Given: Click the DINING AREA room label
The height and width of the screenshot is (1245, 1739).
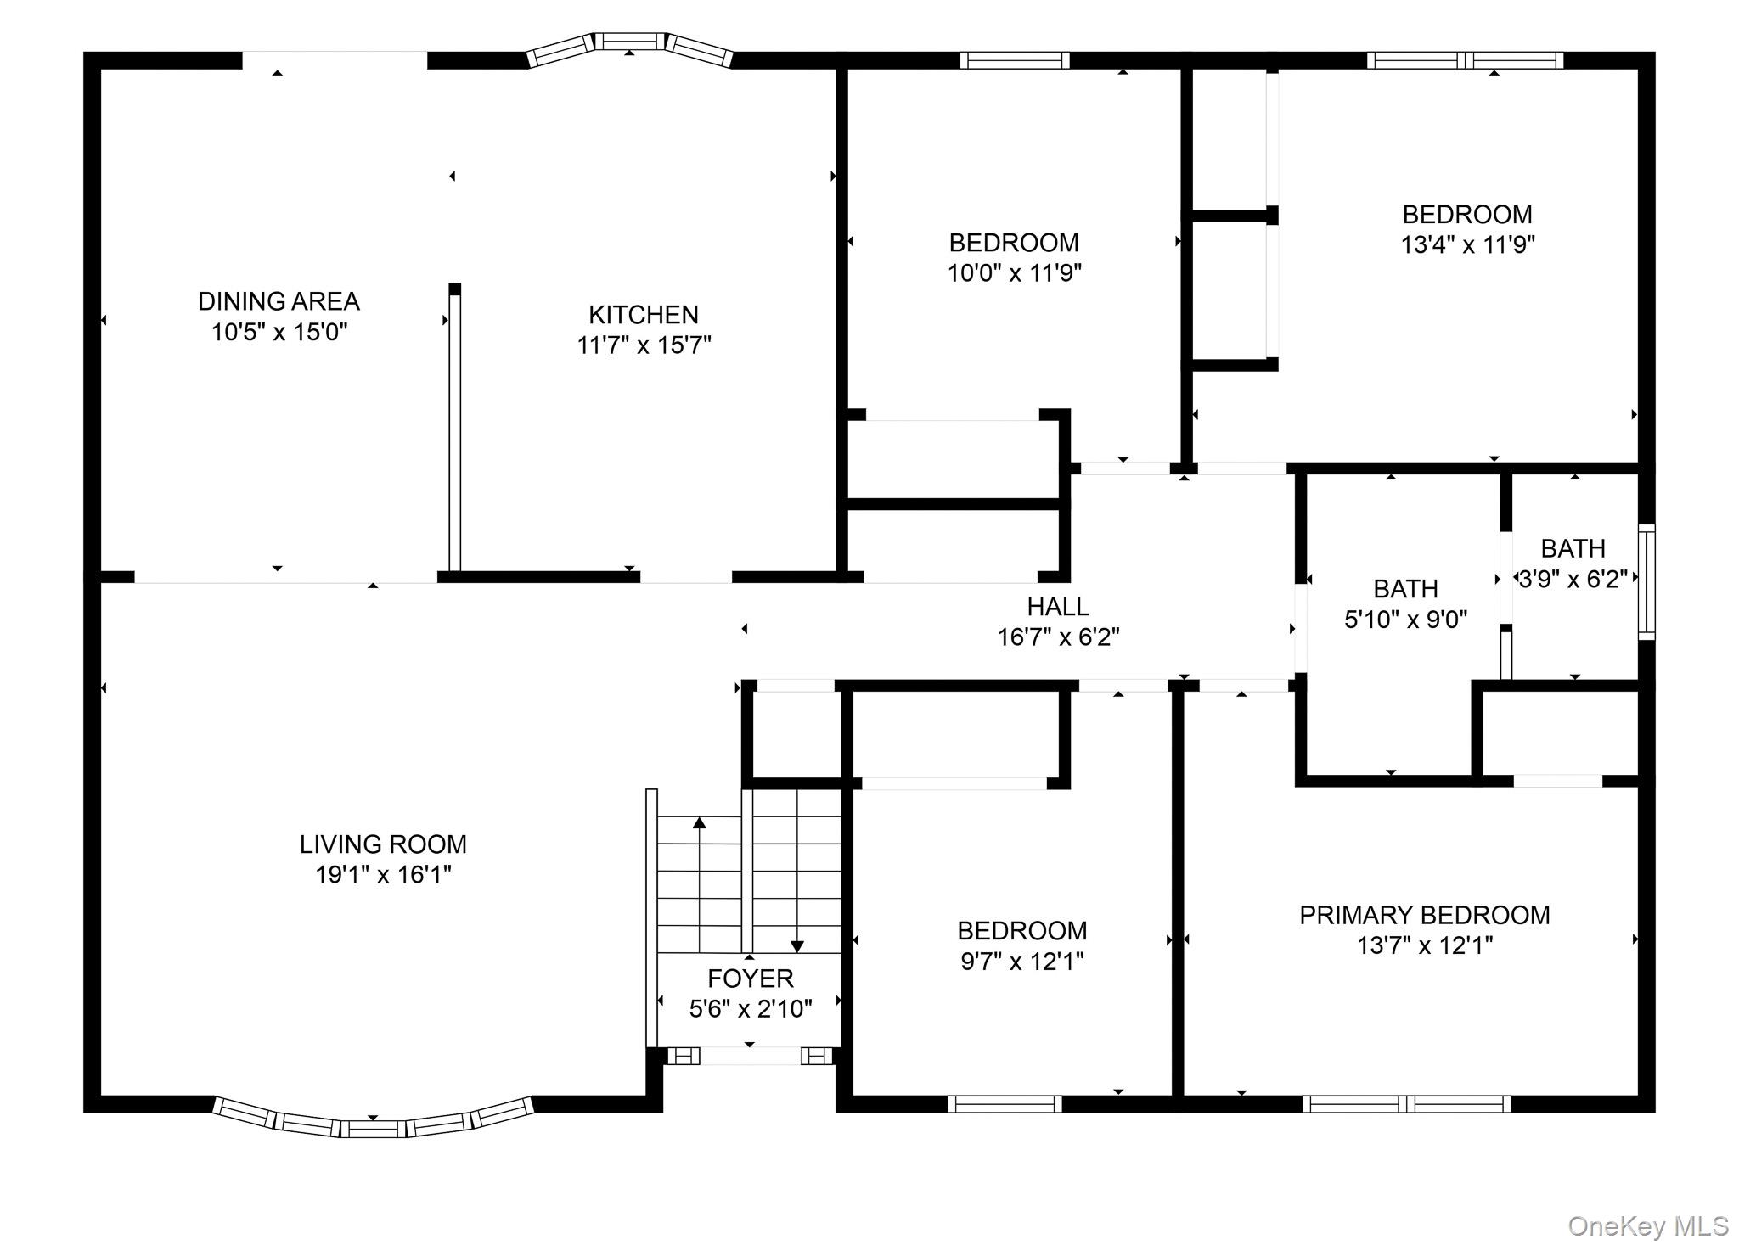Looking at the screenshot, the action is pyautogui.click(x=279, y=301).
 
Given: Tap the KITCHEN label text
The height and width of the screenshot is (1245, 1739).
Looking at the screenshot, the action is pyautogui.click(x=644, y=315).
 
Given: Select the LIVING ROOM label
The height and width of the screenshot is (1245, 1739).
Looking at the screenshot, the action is pyautogui.click(x=383, y=844).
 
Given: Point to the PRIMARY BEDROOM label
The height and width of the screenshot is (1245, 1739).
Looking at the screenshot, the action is pyautogui.click(x=1425, y=915).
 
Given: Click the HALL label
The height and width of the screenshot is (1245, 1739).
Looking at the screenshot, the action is pyautogui.click(x=1058, y=607).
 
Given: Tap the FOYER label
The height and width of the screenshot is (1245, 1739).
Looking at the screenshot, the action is pyautogui.click(x=751, y=979).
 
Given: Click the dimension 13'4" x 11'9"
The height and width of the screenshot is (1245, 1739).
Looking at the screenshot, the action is pyautogui.click(x=1467, y=245).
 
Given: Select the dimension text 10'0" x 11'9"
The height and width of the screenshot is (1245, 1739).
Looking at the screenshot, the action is pyautogui.click(x=1015, y=273).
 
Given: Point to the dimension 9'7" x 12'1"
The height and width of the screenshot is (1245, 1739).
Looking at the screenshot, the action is pyautogui.click(x=1022, y=962).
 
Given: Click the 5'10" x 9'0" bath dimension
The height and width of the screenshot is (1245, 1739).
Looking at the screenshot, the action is pyautogui.click(x=1406, y=620).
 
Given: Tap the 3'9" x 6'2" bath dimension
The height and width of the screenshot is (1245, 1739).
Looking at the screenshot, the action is pyautogui.click(x=1573, y=579).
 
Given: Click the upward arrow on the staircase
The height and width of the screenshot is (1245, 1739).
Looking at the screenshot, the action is pyautogui.click(x=699, y=883).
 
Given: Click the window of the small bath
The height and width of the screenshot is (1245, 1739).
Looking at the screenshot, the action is pyautogui.click(x=1646, y=582).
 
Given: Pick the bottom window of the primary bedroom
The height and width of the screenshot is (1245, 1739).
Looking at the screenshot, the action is pyautogui.click(x=1406, y=1104).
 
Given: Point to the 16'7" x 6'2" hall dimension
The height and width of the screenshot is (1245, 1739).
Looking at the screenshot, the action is pyautogui.click(x=1058, y=637).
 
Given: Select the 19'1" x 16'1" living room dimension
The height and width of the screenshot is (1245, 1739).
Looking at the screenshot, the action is pyautogui.click(x=383, y=875).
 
